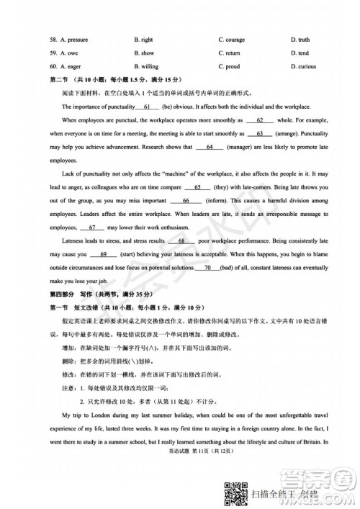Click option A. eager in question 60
(x=69, y=66)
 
